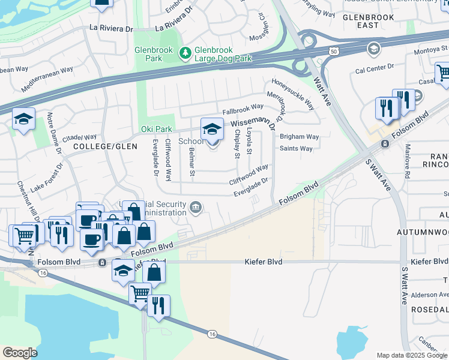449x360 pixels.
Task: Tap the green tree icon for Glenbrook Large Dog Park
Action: click(185, 54)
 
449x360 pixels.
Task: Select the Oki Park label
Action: click(156, 129)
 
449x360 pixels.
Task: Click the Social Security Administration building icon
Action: click(196, 208)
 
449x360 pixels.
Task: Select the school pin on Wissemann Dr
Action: click(211, 129)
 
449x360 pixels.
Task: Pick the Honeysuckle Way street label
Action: click(293, 94)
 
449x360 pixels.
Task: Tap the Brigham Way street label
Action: click(299, 137)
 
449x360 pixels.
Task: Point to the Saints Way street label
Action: click(296, 149)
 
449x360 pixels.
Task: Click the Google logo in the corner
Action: click(20, 352)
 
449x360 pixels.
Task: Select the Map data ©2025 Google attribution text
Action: click(411, 355)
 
